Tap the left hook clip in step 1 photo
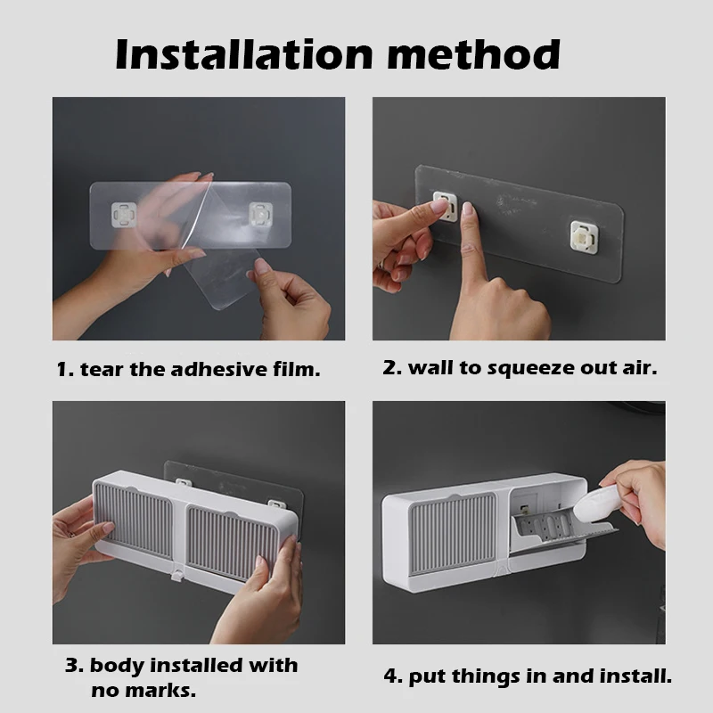(x=123, y=214)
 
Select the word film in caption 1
(x=296, y=369)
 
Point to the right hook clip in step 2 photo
(x=583, y=236)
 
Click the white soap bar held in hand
(x=597, y=512)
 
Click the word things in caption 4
(x=487, y=676)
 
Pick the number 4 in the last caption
(x=389, y=676)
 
